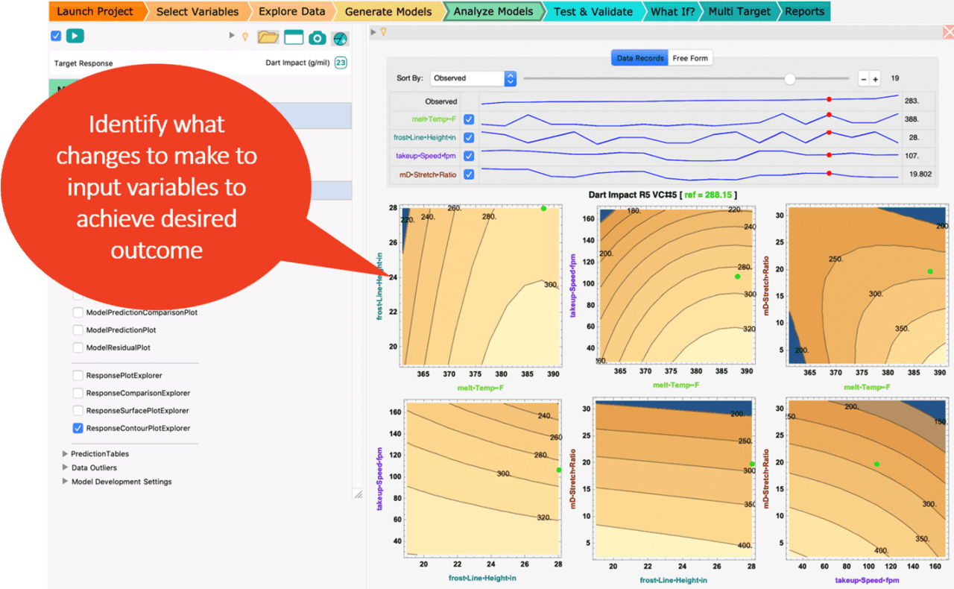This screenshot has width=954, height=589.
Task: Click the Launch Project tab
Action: point(95,11)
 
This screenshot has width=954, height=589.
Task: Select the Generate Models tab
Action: point(388,11)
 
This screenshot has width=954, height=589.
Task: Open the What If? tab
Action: point(672,11)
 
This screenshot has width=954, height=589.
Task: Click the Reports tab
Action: point(804,11)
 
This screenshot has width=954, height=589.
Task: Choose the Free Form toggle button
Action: point(690,58)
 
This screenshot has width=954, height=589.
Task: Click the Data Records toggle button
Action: point(639,58)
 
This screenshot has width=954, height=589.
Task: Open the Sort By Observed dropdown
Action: point(474,78)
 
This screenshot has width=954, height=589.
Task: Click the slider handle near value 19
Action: point(790,78)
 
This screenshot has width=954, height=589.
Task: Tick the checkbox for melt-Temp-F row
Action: point(469,119)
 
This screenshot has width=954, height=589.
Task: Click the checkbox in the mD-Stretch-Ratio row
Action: point(469,174)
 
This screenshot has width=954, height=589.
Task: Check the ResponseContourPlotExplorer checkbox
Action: point(78,428)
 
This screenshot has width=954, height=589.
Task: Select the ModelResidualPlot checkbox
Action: point(78,347)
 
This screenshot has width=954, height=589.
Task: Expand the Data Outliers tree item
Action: point(66,467)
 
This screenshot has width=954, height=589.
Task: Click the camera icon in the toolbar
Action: point(317,38)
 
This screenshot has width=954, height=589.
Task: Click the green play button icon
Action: point(75,36)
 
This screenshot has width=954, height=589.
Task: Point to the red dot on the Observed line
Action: point(829,98)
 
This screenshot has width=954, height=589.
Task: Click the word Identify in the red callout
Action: point(119,124)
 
